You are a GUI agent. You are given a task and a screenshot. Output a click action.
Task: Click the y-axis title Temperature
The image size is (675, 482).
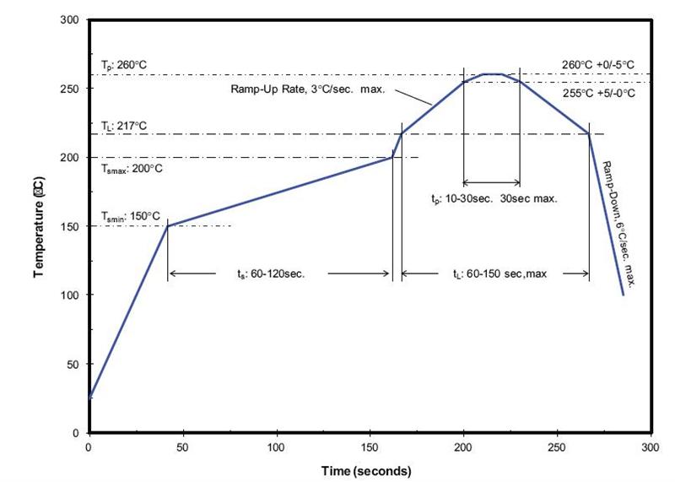coord(39,226)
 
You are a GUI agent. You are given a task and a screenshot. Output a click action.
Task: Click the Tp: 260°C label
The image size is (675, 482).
coord(124,65)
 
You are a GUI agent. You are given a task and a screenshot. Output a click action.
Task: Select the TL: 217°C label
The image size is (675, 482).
coord(124,126)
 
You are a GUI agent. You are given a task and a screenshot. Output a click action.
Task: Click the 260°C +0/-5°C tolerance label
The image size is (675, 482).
coord(598,64)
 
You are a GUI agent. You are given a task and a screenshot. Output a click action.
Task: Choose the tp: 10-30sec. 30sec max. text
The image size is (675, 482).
coord(493,200)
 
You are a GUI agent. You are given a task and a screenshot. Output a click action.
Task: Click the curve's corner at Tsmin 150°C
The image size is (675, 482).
coord(168,225)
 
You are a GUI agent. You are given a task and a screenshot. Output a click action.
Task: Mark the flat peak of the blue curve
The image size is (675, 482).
coord(493,74)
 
